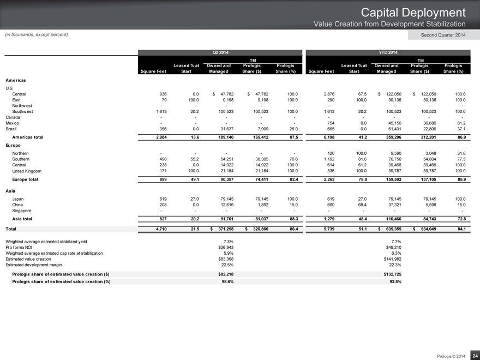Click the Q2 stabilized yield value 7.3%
coord(229,241)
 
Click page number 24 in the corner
coord(475,354)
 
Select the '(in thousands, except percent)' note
coord(36,35)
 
